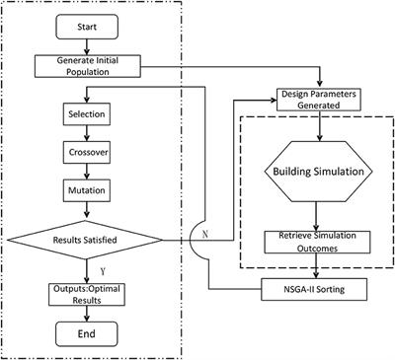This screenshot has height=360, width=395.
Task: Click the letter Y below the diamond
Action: pos(90,267)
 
